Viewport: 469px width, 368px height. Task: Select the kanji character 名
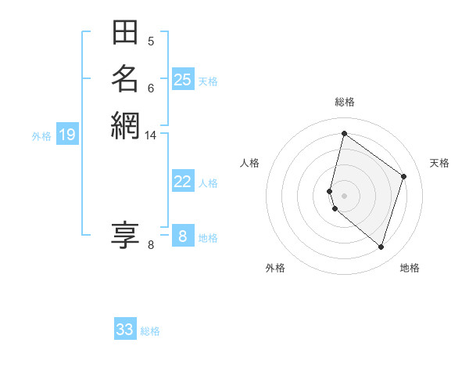pos(125,79)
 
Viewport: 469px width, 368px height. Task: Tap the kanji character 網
pos(125,125)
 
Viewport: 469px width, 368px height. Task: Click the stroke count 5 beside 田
pos(151,41)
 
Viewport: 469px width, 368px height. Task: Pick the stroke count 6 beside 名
pos(151,88)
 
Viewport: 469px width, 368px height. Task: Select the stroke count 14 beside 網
pos(151,135)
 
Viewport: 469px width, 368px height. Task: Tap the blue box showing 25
pos(182,80)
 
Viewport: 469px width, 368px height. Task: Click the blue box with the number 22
pos(182,182)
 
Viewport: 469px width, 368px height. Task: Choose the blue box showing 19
pos(67,135)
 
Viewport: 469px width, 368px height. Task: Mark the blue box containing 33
pos(125,330)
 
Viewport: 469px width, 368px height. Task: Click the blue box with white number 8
pos(182,236)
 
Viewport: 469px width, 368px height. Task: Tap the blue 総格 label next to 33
pos(150,331)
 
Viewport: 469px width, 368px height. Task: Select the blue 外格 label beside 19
pos(41,136)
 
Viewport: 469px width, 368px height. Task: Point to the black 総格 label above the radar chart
pos(344,102)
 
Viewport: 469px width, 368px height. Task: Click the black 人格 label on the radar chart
pos(250,163)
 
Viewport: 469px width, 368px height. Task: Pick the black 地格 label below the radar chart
pos(410,268)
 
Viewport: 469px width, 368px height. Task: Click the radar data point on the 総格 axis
pos(344,133)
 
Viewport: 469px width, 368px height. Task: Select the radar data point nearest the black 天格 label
pos(404,176)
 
